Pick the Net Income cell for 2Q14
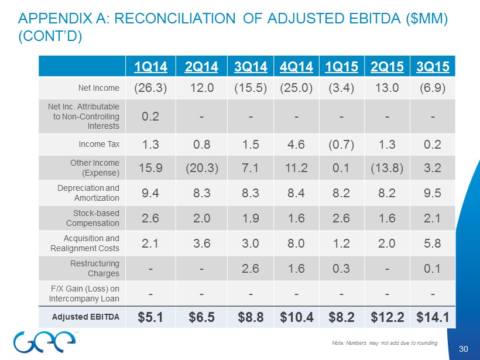click(201, 88)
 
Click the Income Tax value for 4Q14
click(296, 143)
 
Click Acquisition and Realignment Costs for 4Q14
click(296, 242)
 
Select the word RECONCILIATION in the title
click(174, 19)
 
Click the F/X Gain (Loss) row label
click(87, 292)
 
